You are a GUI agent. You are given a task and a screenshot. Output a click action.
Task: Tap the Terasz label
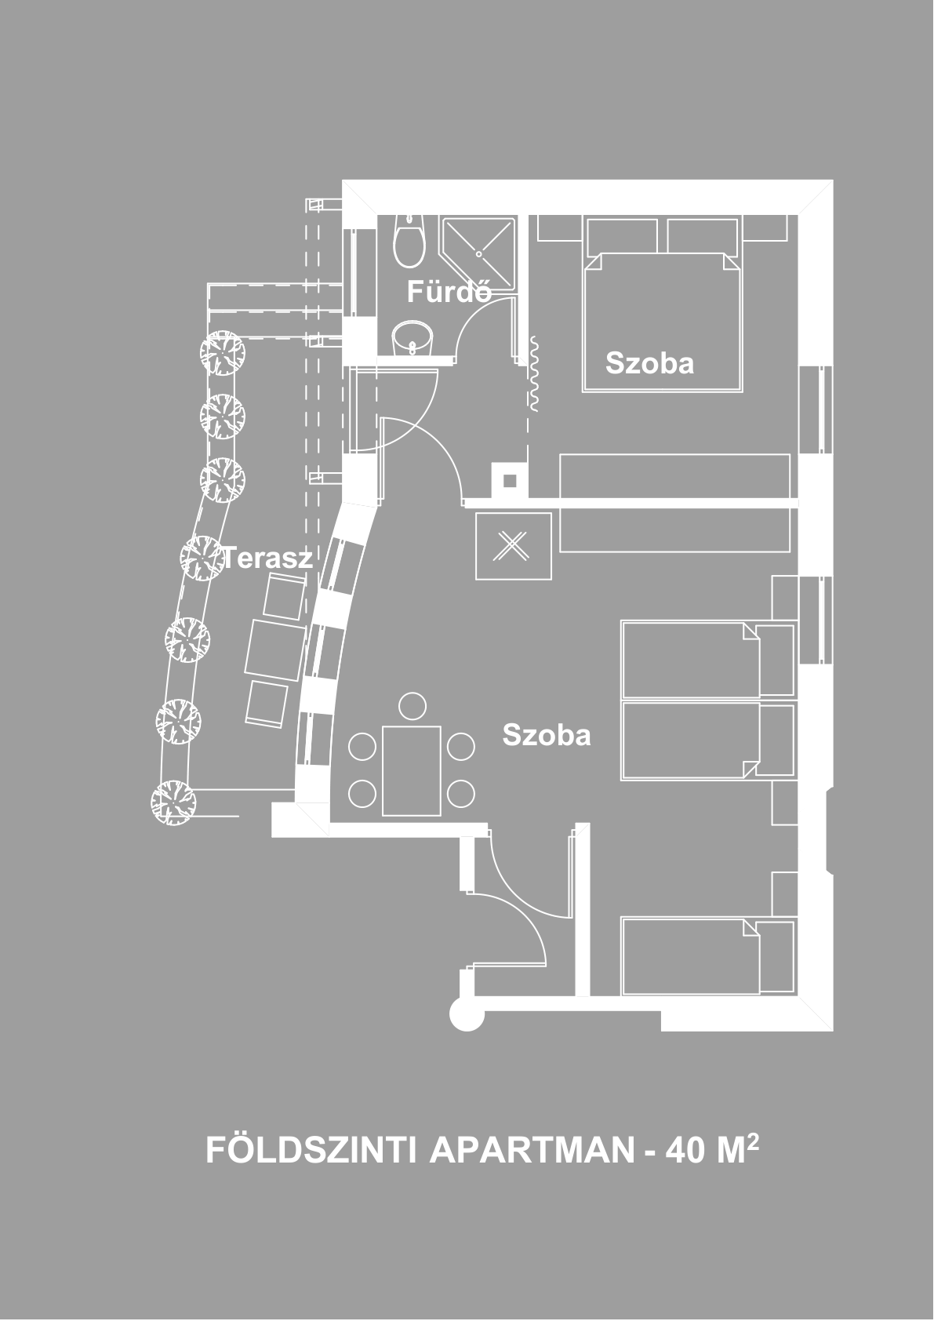267,557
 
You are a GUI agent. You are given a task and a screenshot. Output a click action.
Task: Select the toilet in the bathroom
409,241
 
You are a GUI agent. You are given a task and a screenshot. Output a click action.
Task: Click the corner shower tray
478,254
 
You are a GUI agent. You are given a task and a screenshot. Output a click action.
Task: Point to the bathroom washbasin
412,339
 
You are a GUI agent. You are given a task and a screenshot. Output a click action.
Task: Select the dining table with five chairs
412,771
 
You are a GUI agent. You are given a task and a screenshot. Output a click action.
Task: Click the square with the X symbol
514,546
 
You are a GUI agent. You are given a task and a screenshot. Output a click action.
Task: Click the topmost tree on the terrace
222,352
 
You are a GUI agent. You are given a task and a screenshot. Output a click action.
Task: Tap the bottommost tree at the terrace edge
173,802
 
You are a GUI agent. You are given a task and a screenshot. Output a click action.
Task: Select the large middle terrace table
275,650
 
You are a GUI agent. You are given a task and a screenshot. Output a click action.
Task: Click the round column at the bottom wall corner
467,1013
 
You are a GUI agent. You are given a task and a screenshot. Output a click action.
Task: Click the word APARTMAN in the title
532,1150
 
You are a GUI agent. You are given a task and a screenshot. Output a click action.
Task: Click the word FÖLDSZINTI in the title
312,1150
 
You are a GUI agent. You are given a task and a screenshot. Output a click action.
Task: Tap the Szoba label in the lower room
547,735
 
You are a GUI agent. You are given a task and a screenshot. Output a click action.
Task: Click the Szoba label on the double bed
650,363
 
